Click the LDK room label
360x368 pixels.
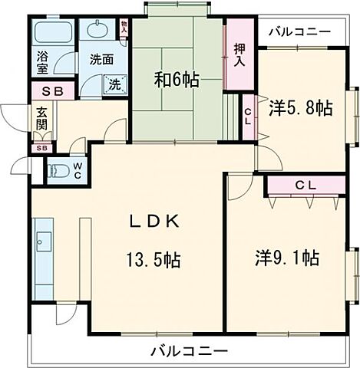point(154,222)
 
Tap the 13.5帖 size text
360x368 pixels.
point(154,261)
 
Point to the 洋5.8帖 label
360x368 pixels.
point(300,109)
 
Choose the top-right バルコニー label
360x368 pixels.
point(300,31)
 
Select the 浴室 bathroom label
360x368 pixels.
point(42,61)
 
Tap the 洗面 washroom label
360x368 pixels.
point(101,59)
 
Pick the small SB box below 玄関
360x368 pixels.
point(42,148)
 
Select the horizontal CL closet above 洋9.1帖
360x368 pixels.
point(305,186)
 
